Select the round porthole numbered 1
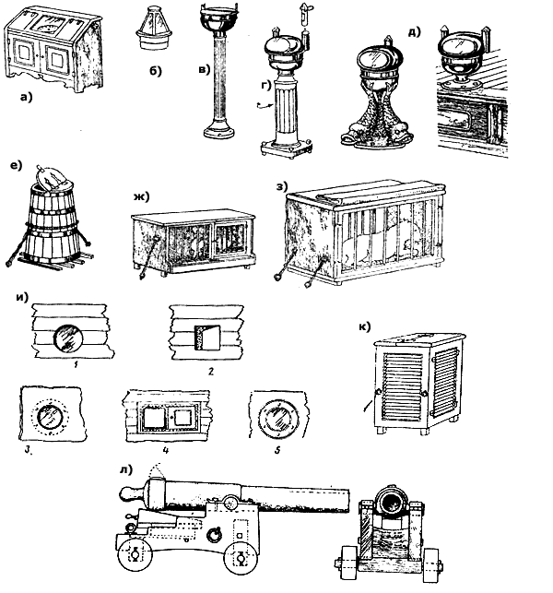coord(68,338)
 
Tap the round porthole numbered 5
coord(276,421)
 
